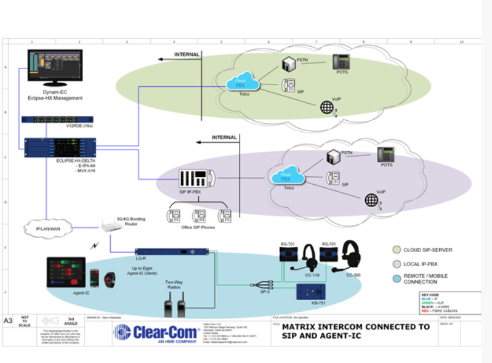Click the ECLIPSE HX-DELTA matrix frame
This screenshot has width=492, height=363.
point(60,150)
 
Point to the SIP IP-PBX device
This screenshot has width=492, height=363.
point(195,178)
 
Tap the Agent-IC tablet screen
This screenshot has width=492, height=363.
point(65,272)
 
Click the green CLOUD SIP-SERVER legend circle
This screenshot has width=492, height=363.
point(397,250)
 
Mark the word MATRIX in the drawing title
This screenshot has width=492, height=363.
point(300,327)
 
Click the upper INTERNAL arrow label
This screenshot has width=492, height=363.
point(187,55)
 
